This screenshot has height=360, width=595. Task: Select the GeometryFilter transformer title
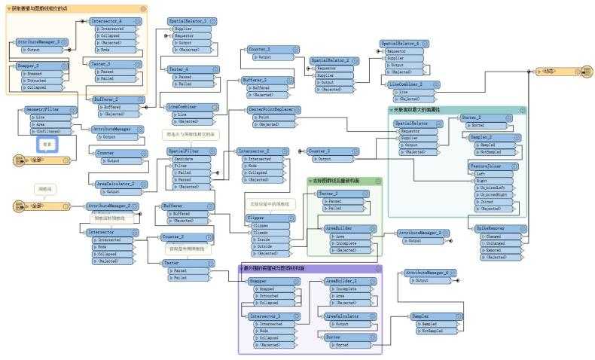[x=51, y=109]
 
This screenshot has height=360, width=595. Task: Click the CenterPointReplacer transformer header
[x=282, y=109]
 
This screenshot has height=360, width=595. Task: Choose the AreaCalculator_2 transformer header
[x=120, y=184]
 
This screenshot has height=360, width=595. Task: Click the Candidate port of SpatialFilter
[x=188, y=159]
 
